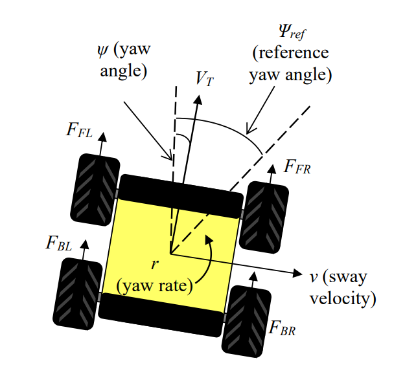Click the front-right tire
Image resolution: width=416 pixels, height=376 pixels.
click(x=264, y=217)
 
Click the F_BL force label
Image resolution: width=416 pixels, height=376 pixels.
click(x=59, y=243)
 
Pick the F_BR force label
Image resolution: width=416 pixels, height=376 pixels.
click(x=283, y=326)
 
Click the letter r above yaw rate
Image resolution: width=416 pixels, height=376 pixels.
click(x=154, y=264)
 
